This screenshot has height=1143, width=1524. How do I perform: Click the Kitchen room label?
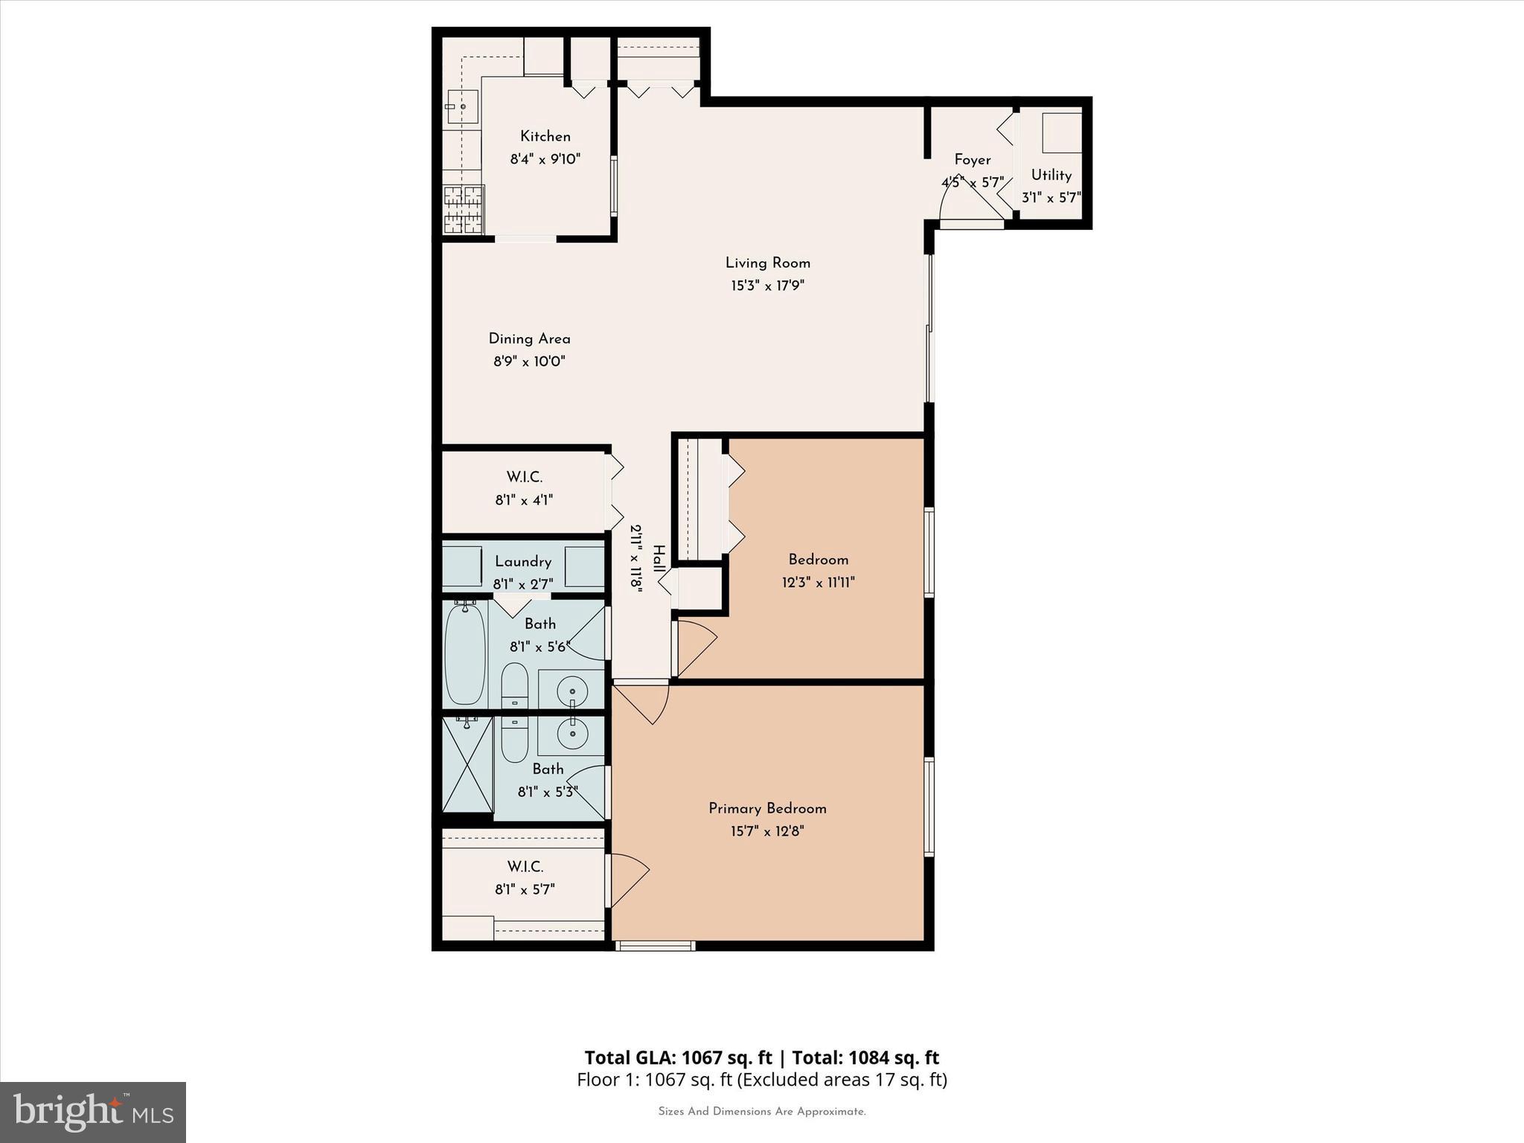(x=545, y=136)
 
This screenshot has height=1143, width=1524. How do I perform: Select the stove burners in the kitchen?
(x=464, y=210)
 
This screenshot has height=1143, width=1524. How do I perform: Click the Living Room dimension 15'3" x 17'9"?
(x=767, y=285)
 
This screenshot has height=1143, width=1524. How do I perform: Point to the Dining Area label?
(x=529, y=339)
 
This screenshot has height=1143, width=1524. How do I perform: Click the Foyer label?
(x=972, y=160)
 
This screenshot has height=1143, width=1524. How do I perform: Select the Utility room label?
(x=1051, y=176)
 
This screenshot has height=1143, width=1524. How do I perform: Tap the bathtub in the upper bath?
(x=464, y=654)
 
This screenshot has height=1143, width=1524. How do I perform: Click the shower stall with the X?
(x=467, y=764)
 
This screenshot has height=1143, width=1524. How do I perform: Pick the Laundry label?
(x=522, y=562)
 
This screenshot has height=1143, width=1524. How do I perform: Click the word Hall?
(x=659, y=558)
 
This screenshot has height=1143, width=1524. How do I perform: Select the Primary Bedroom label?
(x=767, y=808)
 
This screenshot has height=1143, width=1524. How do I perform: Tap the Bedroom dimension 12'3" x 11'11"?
(x=818, y=583)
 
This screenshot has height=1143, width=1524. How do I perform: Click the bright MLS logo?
(x=93, y=1112)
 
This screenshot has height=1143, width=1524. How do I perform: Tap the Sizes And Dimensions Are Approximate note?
(x=761, y=1112)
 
